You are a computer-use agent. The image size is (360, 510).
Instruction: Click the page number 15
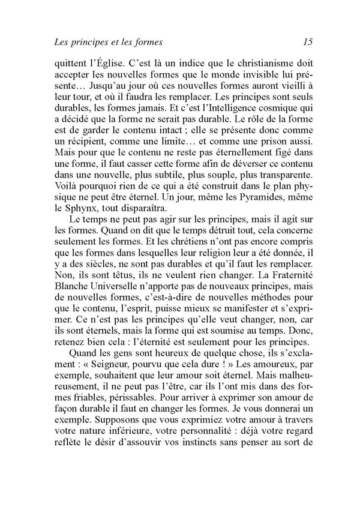click(308, 42)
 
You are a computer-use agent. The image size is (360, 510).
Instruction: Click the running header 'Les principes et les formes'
click(109, 42)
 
